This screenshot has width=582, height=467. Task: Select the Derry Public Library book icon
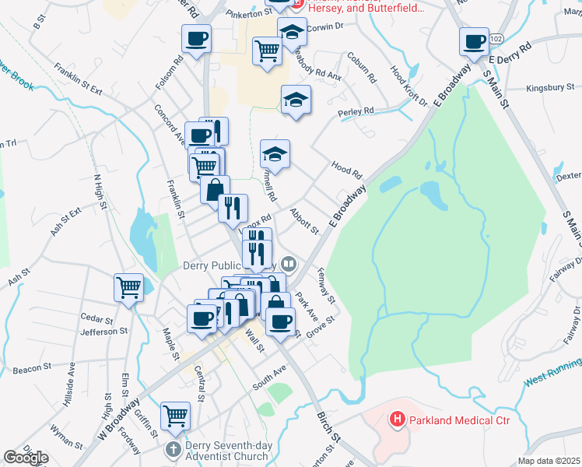tap(289, 265)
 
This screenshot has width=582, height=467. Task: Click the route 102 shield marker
tap(496, 37)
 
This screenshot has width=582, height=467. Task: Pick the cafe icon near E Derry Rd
tap(474, 41)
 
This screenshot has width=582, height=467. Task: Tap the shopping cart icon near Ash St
tap(128, 287)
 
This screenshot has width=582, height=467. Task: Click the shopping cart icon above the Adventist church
tap(176, 415)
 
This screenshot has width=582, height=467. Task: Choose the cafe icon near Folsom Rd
tap(197, 38)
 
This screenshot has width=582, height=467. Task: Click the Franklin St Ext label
tap(79, 79)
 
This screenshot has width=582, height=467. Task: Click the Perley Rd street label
tap(356, 112)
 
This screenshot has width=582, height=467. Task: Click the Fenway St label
tap(325, 287)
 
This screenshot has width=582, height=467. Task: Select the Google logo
tap(26, 458)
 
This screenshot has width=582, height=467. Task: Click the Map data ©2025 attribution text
tap(548, 461)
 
